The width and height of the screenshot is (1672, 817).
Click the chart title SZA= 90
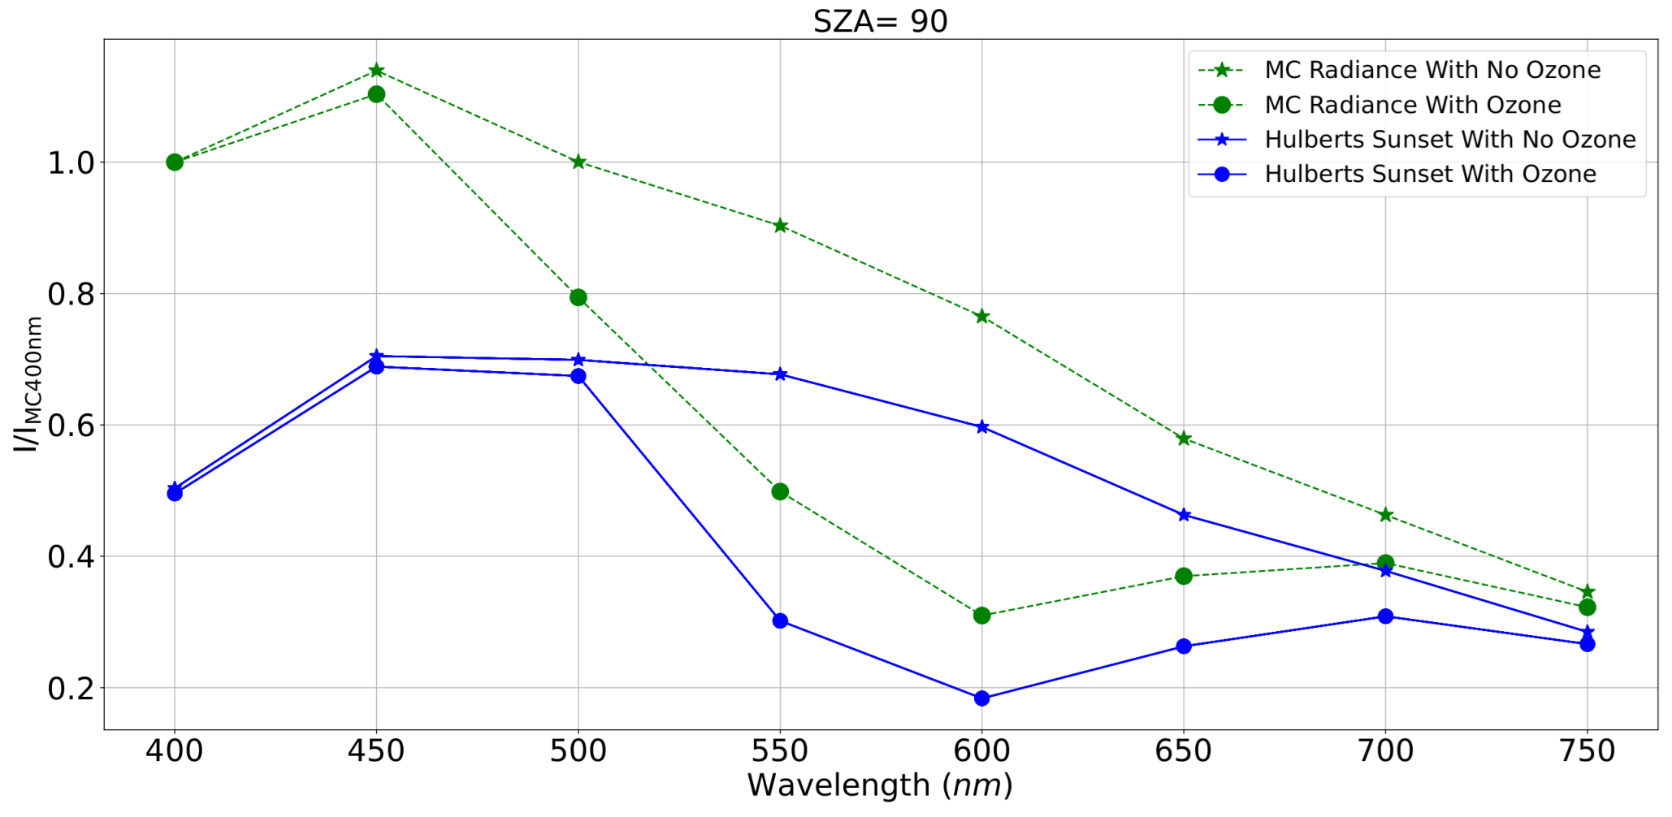tap(880, 21)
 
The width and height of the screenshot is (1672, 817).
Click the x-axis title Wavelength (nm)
tap(880, 785)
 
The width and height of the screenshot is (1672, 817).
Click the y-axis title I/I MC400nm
tap(28, 384)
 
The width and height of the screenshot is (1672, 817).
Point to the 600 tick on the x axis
tap(981, 750)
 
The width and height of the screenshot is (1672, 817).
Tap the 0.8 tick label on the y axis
tap(71, 294)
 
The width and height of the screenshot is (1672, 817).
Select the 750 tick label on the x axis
tap(1587, 750)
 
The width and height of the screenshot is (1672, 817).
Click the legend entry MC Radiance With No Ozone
tap(1432, 70)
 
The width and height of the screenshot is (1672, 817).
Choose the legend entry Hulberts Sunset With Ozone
tap(1429, 174)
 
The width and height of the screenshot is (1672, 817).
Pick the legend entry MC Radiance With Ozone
tap(1412, 105)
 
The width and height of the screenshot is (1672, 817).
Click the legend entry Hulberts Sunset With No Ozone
tap(1449, 140)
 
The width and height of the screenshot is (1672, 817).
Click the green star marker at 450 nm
tap(376, 71)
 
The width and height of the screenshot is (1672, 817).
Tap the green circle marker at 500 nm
tap(578, 297)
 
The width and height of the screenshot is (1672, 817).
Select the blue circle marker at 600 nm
tap(981, 698)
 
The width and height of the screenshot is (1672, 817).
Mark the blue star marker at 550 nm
tap(780, 374)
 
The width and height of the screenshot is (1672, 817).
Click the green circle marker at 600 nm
tap(981, 616)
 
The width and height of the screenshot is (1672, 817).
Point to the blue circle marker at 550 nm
tap(780, 621)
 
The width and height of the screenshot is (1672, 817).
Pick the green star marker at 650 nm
tap(1184, 439)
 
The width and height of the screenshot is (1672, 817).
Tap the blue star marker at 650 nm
tap(1184, 515)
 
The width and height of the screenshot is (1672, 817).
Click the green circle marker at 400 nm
tap(175, 162)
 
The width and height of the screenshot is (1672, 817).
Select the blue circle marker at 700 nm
tap(1385, 616)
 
